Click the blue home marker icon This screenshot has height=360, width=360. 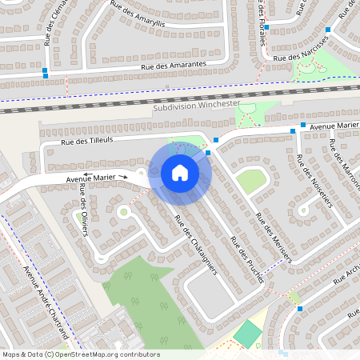pos(180,173)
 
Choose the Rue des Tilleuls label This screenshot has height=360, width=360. pos(88,142)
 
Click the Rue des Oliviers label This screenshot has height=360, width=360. pos(84,210)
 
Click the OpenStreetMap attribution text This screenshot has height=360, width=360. pos(80,354)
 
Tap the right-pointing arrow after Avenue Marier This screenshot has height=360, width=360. pos(123,176)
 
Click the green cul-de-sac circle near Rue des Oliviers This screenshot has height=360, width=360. pos(123,212)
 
